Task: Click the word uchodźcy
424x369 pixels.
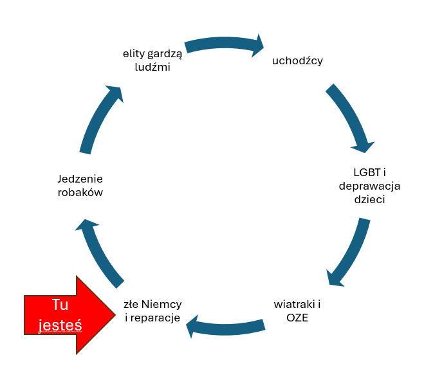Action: (297, 61)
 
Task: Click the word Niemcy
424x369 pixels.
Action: (161, 304)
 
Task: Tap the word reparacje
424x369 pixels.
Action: (155, 318)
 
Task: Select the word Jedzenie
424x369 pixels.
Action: (80, 179)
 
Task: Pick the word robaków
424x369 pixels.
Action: (80, 192)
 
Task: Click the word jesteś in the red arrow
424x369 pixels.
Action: (60, 325)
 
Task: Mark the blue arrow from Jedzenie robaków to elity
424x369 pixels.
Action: (100, 119)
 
